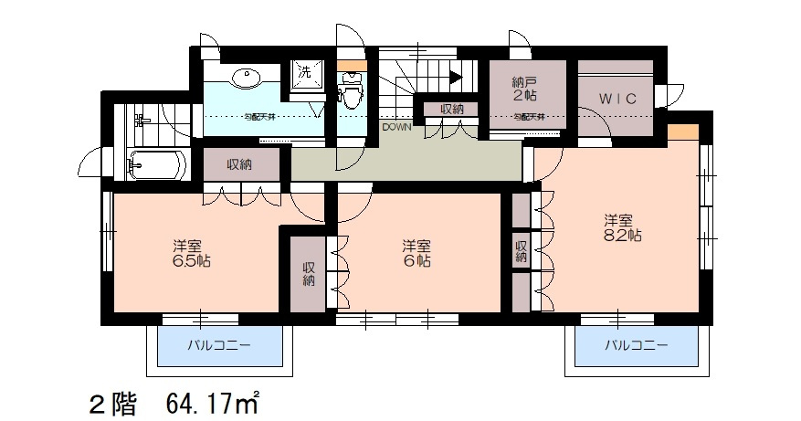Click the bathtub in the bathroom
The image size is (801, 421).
(x=156, y=165)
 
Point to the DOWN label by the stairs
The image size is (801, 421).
(x=396, y=127)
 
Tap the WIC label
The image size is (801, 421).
(x=617, y=97)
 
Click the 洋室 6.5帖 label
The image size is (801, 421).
(x=188, y=253)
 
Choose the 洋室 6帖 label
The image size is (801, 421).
(x=416, y=253)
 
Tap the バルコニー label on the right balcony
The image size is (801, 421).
(x=635, y=347)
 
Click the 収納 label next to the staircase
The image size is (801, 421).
(x=451, y=109)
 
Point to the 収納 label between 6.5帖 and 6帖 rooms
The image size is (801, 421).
(x=309, y=275)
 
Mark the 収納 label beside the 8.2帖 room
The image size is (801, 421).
(x=520, y=251)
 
